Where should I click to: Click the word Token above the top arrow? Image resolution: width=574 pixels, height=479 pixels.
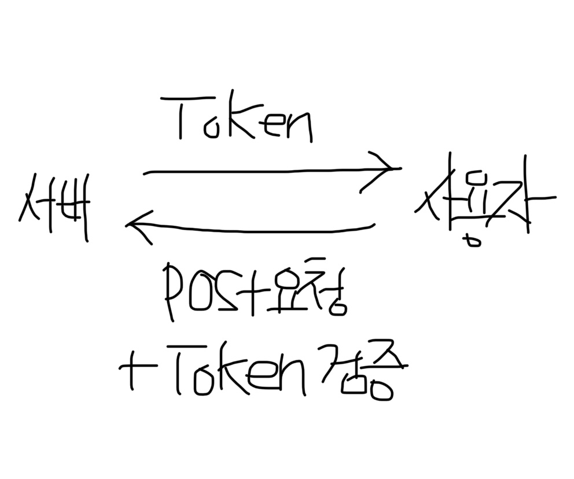244,120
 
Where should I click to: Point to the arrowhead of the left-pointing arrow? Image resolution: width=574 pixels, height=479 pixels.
136,225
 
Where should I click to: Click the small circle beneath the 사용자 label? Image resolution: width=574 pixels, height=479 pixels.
474,241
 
